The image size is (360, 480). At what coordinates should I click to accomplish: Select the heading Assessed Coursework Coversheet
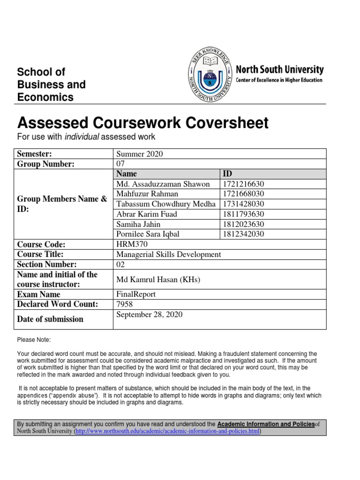[143, 123]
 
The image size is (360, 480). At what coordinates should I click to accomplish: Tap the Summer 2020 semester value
[140, 154]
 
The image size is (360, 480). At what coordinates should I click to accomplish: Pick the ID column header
[227, 174]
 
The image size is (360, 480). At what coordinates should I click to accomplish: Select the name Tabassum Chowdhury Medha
[166, 204]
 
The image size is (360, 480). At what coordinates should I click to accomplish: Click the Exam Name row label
[38, 294]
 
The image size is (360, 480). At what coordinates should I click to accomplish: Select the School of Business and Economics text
[51, 85]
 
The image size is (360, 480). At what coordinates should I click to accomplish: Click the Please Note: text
[33, 339]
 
